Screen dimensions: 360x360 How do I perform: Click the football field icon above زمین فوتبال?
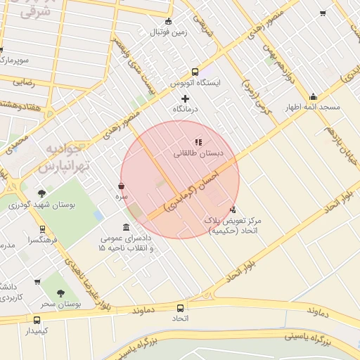pyautogui.click(x=168, y=21)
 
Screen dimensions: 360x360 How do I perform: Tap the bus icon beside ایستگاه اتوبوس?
pyautogui.click(x=195, y=72)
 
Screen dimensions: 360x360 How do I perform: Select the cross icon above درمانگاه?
pyautogui.click(x=186, y=98)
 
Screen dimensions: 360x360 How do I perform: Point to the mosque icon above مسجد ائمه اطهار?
pyautogui.click(x=313, y=97)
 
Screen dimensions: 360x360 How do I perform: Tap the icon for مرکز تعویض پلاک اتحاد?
pyautogui.click(x=233, y=209)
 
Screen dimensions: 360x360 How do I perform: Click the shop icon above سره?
pyautogui.click(x=122, y=186)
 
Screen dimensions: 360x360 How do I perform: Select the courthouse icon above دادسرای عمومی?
pyautogui.click(x=125, y=227)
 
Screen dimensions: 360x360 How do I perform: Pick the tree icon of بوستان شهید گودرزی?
pyautogui.click(x=42, y=193)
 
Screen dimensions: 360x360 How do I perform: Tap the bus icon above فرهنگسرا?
pyautogui.click(x=42, y=229)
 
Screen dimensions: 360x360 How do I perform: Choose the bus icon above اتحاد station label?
pyautogui.click(x=181, y=308)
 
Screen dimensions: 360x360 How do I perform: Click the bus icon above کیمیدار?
pyautogui.click(x=37, y=320)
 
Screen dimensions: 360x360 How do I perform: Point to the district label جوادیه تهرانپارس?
pyautogui.click(x=60, y=158)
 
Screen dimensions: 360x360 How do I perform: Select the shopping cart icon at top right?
pyautogui.click(x=323, y=13)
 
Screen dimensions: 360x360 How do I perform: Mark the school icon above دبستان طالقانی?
pyautogui.click(x=198, y=142)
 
